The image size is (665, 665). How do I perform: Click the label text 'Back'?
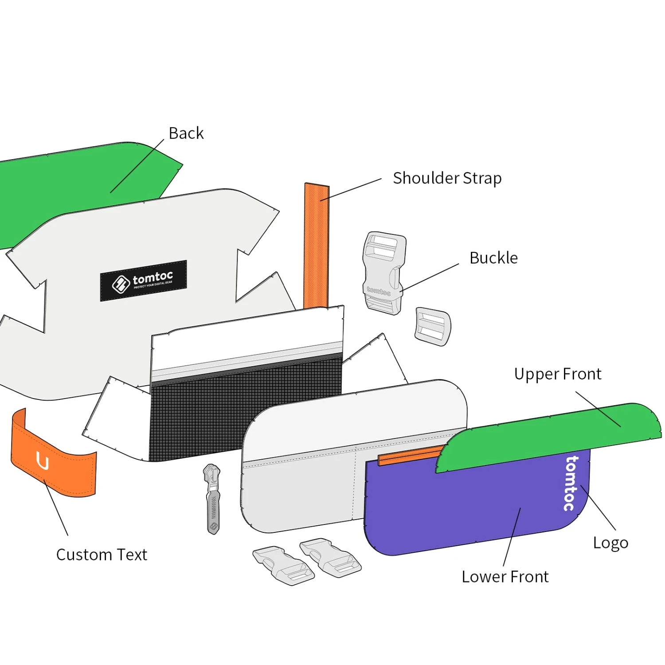pos(186,133)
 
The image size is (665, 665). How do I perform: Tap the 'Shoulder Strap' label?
pos(447,178)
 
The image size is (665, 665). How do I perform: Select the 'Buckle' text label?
pos(493,258)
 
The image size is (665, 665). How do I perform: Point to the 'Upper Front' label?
pos(558,374)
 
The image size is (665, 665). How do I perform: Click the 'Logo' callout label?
pos(610,543)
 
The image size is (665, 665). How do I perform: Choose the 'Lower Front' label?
pos(505,577)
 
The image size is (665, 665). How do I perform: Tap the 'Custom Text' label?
pos(102,555)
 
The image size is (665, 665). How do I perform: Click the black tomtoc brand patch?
pos(143,281)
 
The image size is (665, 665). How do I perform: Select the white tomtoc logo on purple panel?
pos(571,483)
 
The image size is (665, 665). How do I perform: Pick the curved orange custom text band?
pos(53,461)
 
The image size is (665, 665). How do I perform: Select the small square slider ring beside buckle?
pos(433,326)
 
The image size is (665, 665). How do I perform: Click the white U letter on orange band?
pos(43,462)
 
